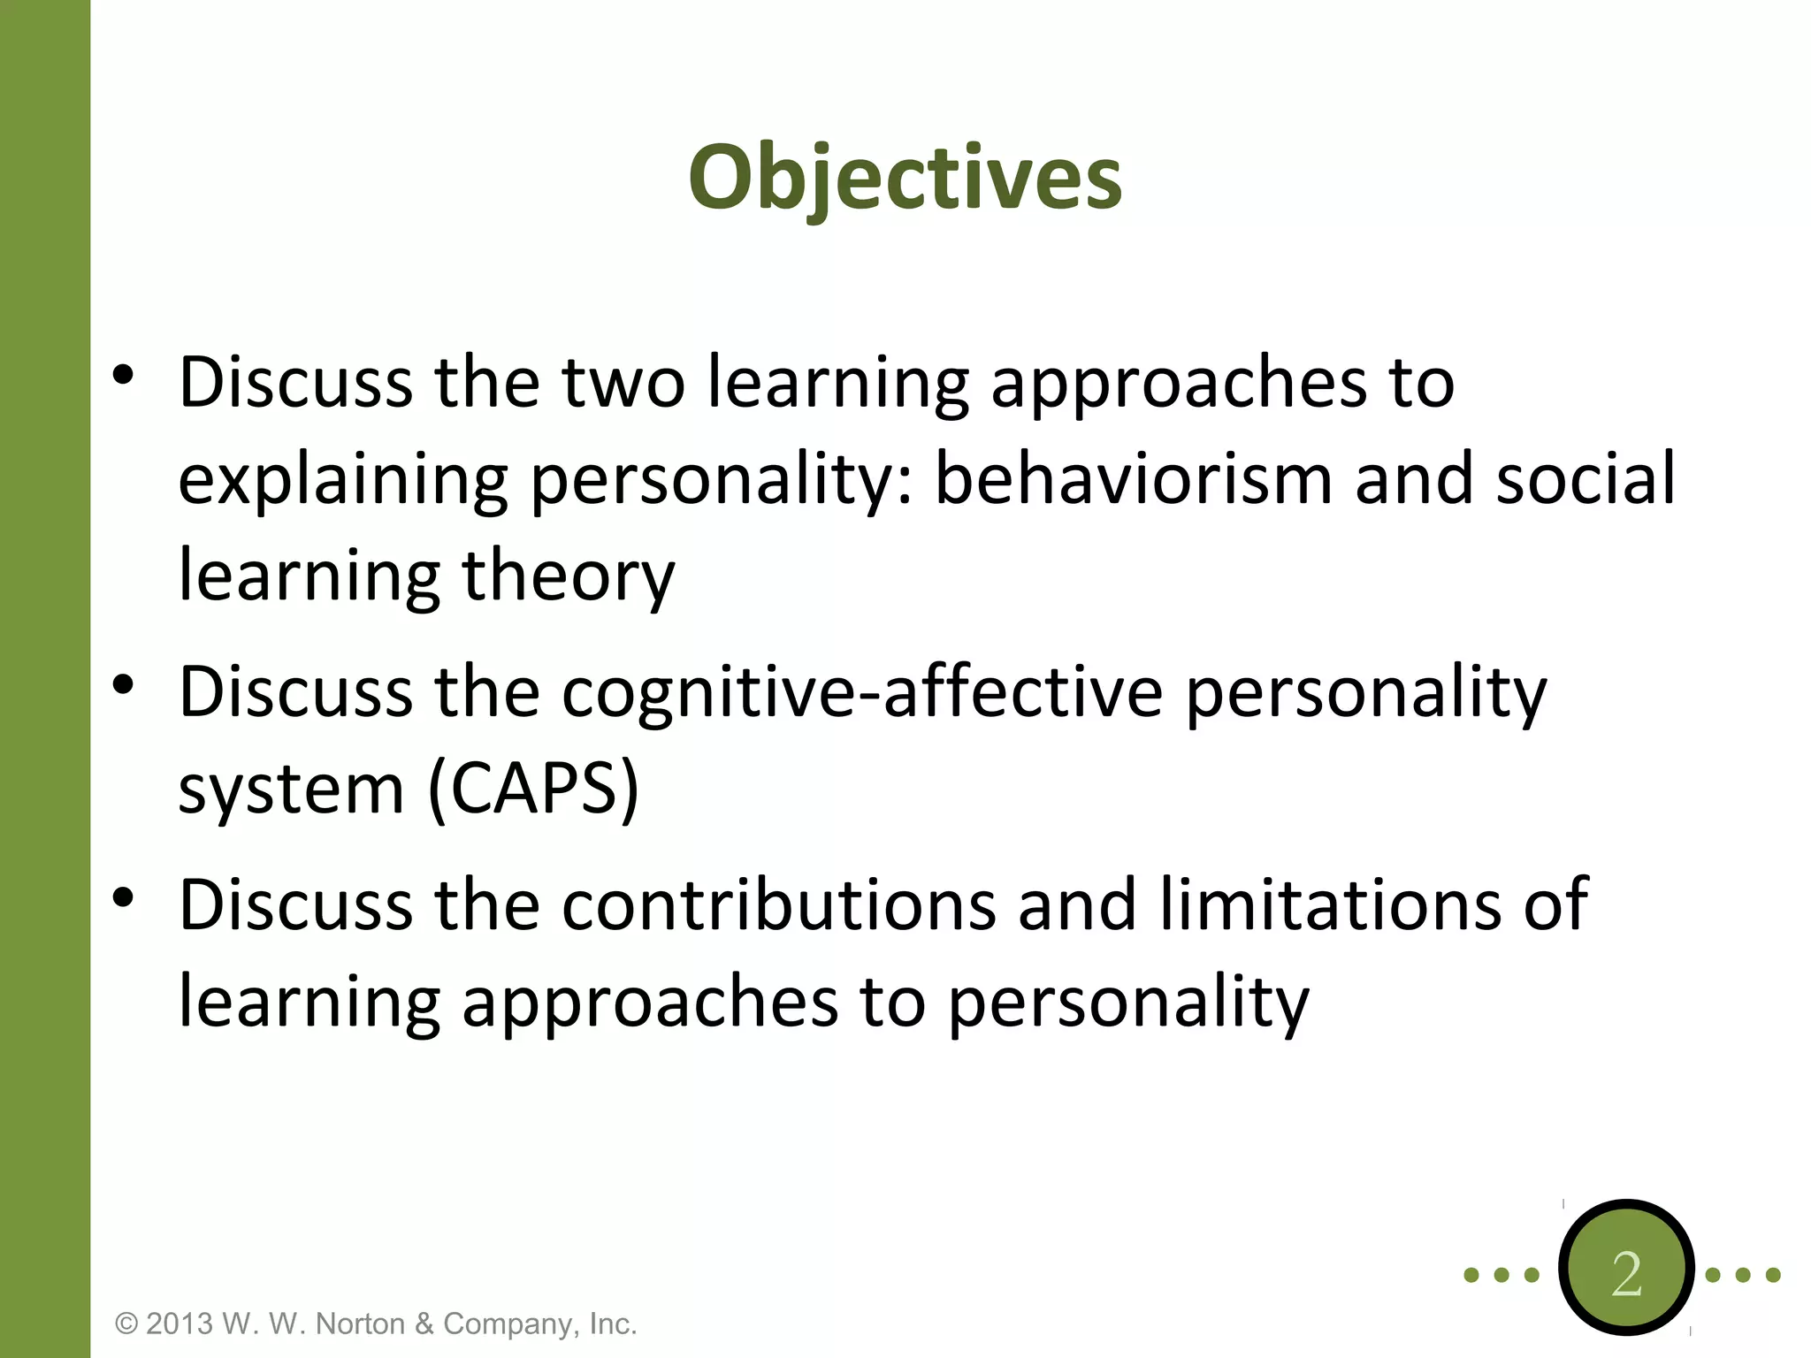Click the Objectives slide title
pos(905,179)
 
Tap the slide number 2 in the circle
pos(1625,1274)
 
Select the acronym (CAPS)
pos(532,789)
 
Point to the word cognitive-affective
pos(862,692)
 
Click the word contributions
pos(778,905)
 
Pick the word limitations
pos(1329,905)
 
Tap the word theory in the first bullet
pos(568,576)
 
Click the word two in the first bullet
pos(623,383)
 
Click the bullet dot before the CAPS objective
pos(124,684)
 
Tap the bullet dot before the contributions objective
pos(124,898)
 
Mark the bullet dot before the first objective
pos(124,376)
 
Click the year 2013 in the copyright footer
pos(180,1324)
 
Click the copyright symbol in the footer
pos(127,1324)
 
